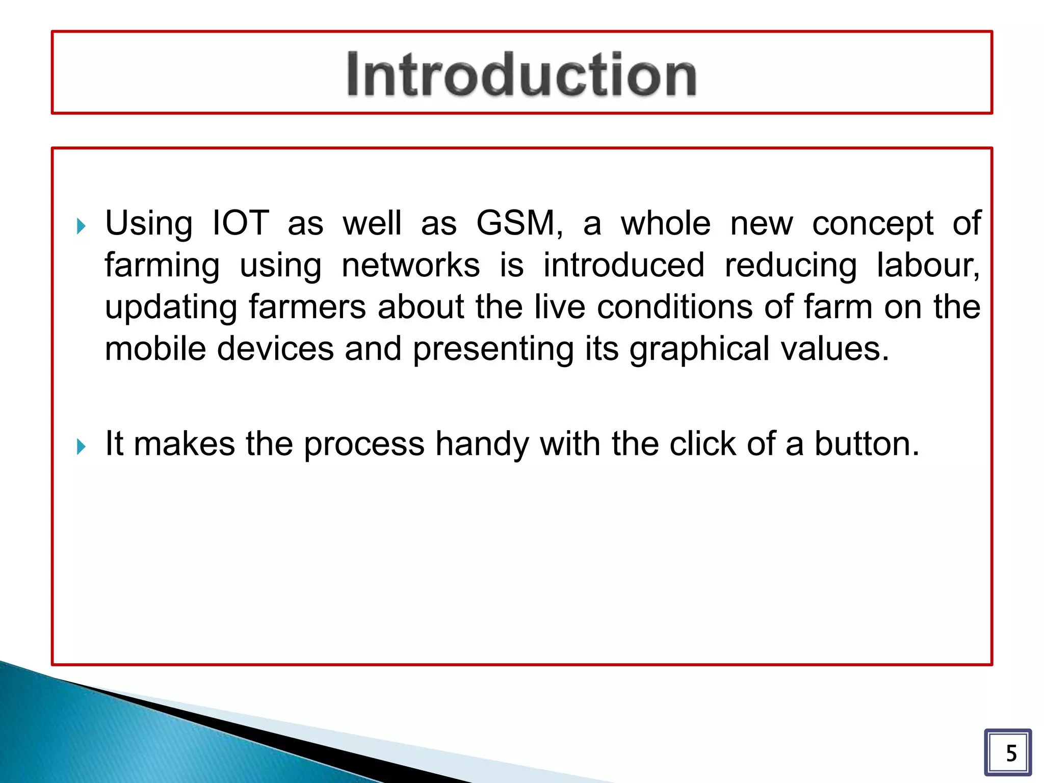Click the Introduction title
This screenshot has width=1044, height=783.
[x=521, y=74]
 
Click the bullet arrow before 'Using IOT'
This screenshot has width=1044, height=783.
[x=81, y=226]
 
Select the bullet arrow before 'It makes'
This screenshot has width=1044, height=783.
[x=81, y=447]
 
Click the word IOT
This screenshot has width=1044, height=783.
[x=240, y=223]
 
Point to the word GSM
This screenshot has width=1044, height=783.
[x=518, y=223]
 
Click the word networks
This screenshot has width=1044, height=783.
[x=410, y=265]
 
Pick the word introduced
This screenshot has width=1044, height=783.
[x=623, y=265]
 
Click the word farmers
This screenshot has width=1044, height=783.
[x=307, y=307]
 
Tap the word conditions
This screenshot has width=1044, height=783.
[x=674, y=307]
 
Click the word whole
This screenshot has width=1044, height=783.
[x=665, y=223]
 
